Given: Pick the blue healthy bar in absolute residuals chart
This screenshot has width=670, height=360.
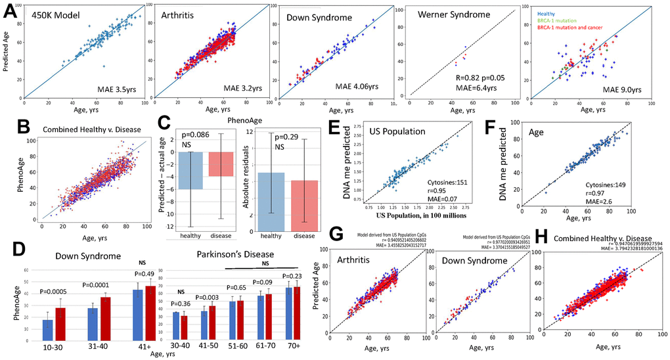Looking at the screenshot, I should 267,198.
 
